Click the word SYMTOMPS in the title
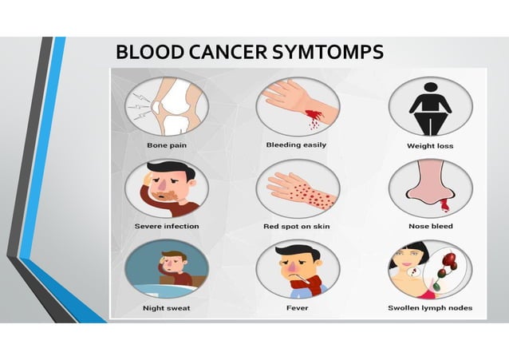point(329,53)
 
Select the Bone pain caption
point(167,145)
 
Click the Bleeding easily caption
point(296,145)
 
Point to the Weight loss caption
point(431,146)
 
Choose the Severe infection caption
point(167,226)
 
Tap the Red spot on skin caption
point(297,226)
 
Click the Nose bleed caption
point(430,226)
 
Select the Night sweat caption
point(166,307)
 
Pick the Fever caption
point(297,307)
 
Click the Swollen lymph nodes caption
point(430,307)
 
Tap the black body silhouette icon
point(430,107)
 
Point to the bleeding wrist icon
point(297,107)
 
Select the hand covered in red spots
point(297,188)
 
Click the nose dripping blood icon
point(430,189)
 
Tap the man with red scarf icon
point(297,269)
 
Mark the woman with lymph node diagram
point(430,269)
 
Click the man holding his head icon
point(167,188)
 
